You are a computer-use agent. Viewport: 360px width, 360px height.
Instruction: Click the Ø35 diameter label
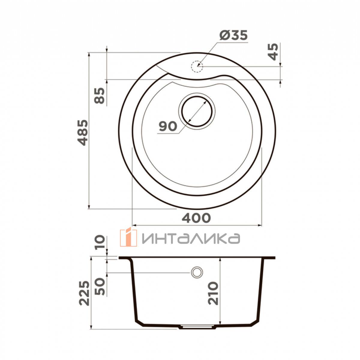point(233,35)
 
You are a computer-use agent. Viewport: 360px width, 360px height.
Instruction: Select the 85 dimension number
point(99,96)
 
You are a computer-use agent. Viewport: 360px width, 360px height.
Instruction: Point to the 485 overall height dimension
point(83,133)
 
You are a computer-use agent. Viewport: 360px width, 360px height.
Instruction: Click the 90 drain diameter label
point(168,126)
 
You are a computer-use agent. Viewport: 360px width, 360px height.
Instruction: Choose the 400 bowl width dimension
point(196,218)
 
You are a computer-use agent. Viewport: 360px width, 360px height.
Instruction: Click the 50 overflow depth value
point(100,289)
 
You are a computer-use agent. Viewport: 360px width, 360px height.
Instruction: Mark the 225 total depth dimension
point(84,292)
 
